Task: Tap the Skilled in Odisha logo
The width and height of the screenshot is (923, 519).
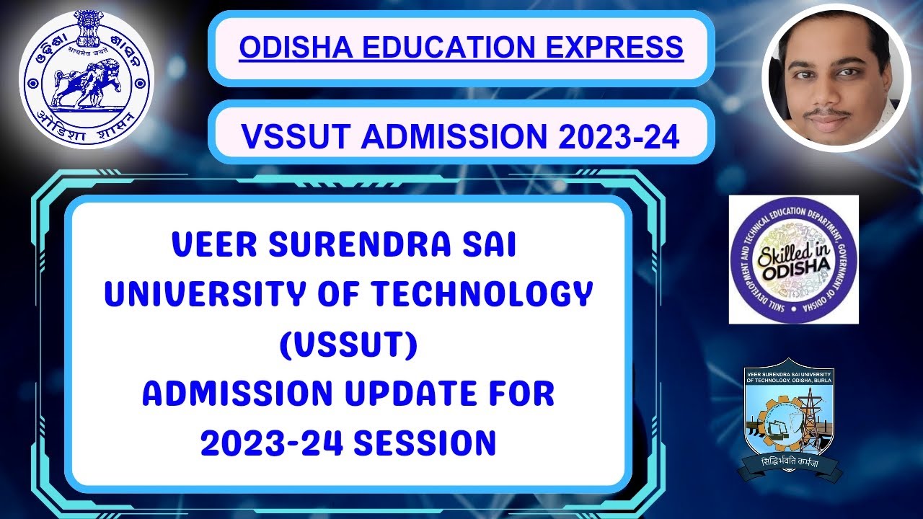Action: (x=793, y=259)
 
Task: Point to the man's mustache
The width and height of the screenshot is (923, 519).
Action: (x=826, y=114)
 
